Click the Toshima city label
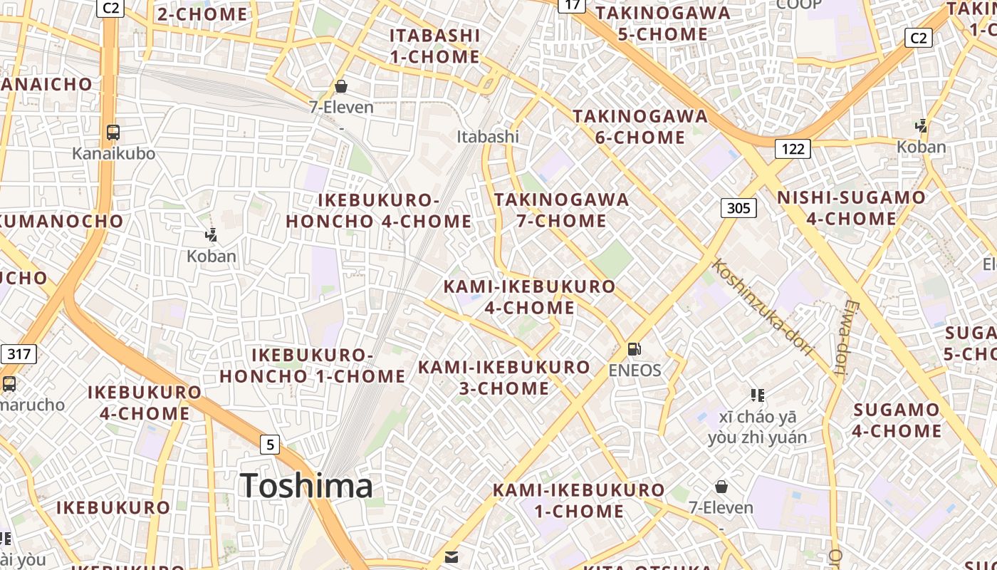(306, 486)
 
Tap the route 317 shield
(19, 354)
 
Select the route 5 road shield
(269, 445)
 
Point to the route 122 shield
(792, 148)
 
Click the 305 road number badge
(738, 208)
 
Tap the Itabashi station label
(488, 136)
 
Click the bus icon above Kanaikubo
(113, 133)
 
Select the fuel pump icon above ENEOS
(634, 349)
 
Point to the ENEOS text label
(635, 370)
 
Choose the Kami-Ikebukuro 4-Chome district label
(529, 297)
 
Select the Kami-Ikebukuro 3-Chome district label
(504, 378)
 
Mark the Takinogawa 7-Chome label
(562, 210)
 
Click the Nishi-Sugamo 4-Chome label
(851, 208)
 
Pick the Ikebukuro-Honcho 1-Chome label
(312, 366)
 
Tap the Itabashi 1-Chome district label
(434, 46)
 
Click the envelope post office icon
(451, 557)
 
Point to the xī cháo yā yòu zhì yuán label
(758, 427)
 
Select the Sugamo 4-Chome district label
(897, 420)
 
